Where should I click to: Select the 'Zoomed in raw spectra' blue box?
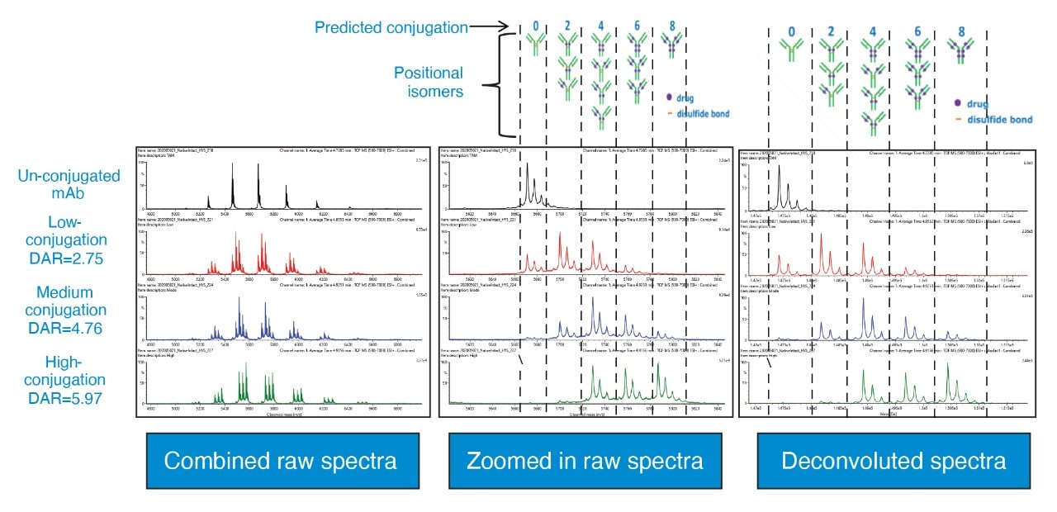pyautogui.click(x=585, y=460)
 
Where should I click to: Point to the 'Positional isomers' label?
pyautogui.click(x=427, y=82)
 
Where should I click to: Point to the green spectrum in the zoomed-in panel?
pyautogui.click(x=628, y=388)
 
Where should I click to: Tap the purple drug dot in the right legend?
pyautogui.click(x=958, y=104)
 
